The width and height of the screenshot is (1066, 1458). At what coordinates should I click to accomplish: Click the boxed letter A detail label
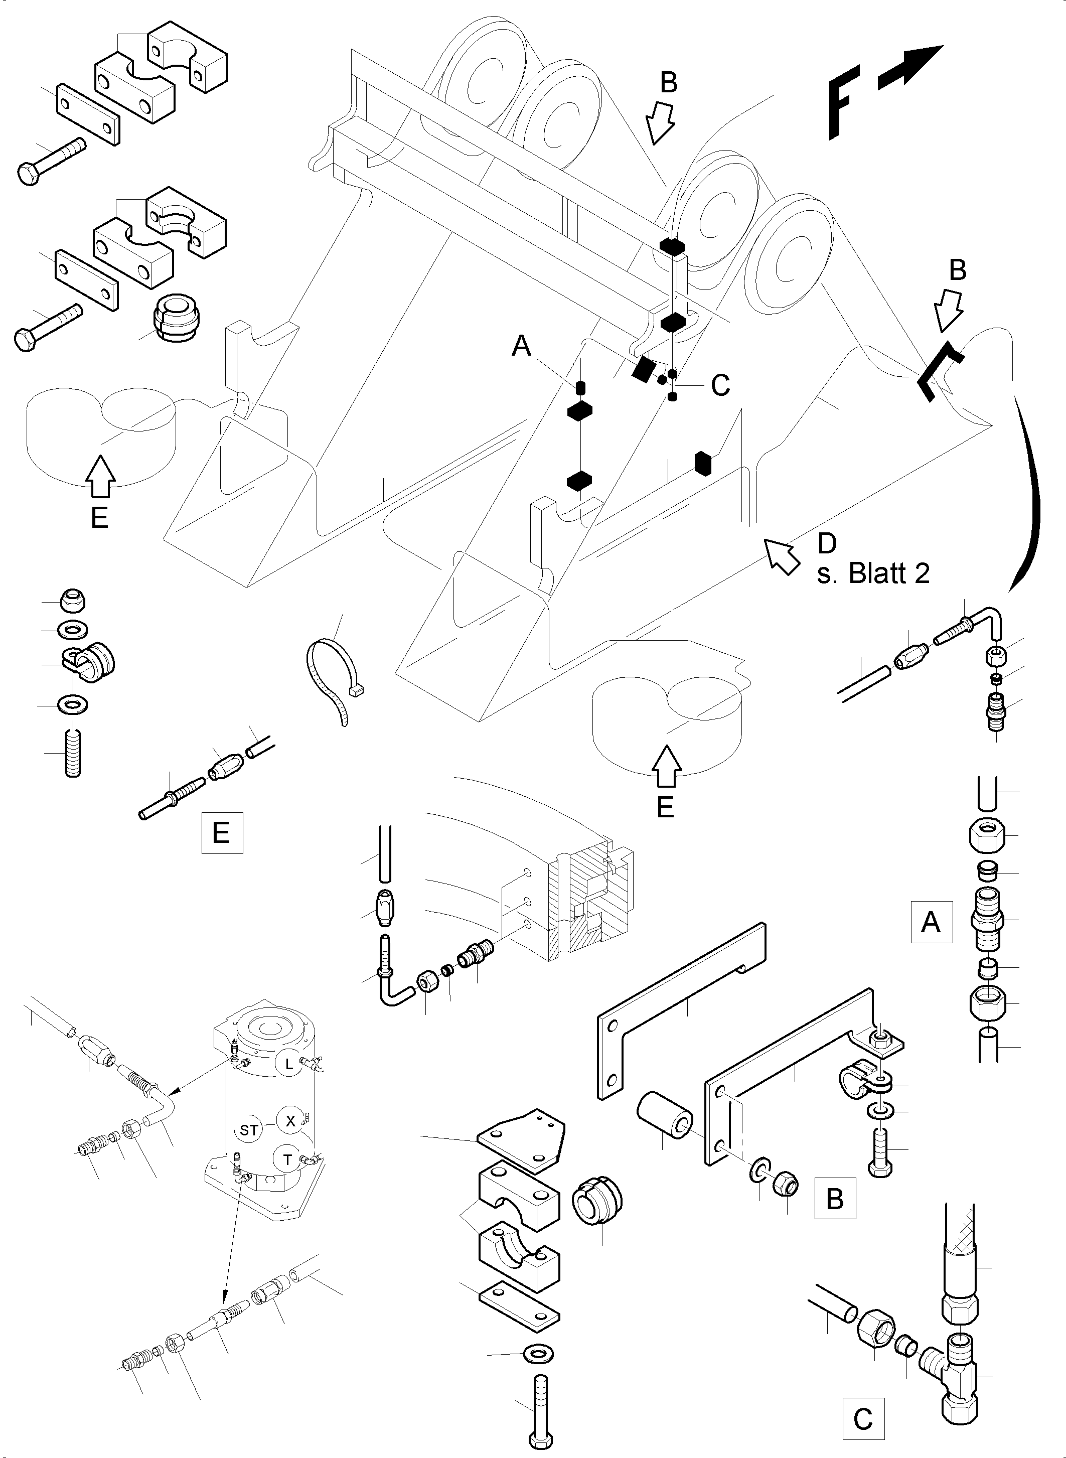(x=931, y=922)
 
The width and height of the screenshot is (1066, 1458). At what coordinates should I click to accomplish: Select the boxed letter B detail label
(x=835, y=1199)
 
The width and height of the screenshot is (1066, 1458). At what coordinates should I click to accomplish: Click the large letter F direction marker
(x=843, y=107)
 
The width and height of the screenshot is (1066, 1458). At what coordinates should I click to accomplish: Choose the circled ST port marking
(x=249, y=1130)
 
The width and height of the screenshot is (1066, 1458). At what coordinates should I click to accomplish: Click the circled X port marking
(x=290, y=1121)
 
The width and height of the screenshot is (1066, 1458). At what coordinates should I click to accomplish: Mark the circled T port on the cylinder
(x=288, y=1160)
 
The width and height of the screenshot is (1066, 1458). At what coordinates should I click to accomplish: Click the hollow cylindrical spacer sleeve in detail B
(x=665, y=1115)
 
